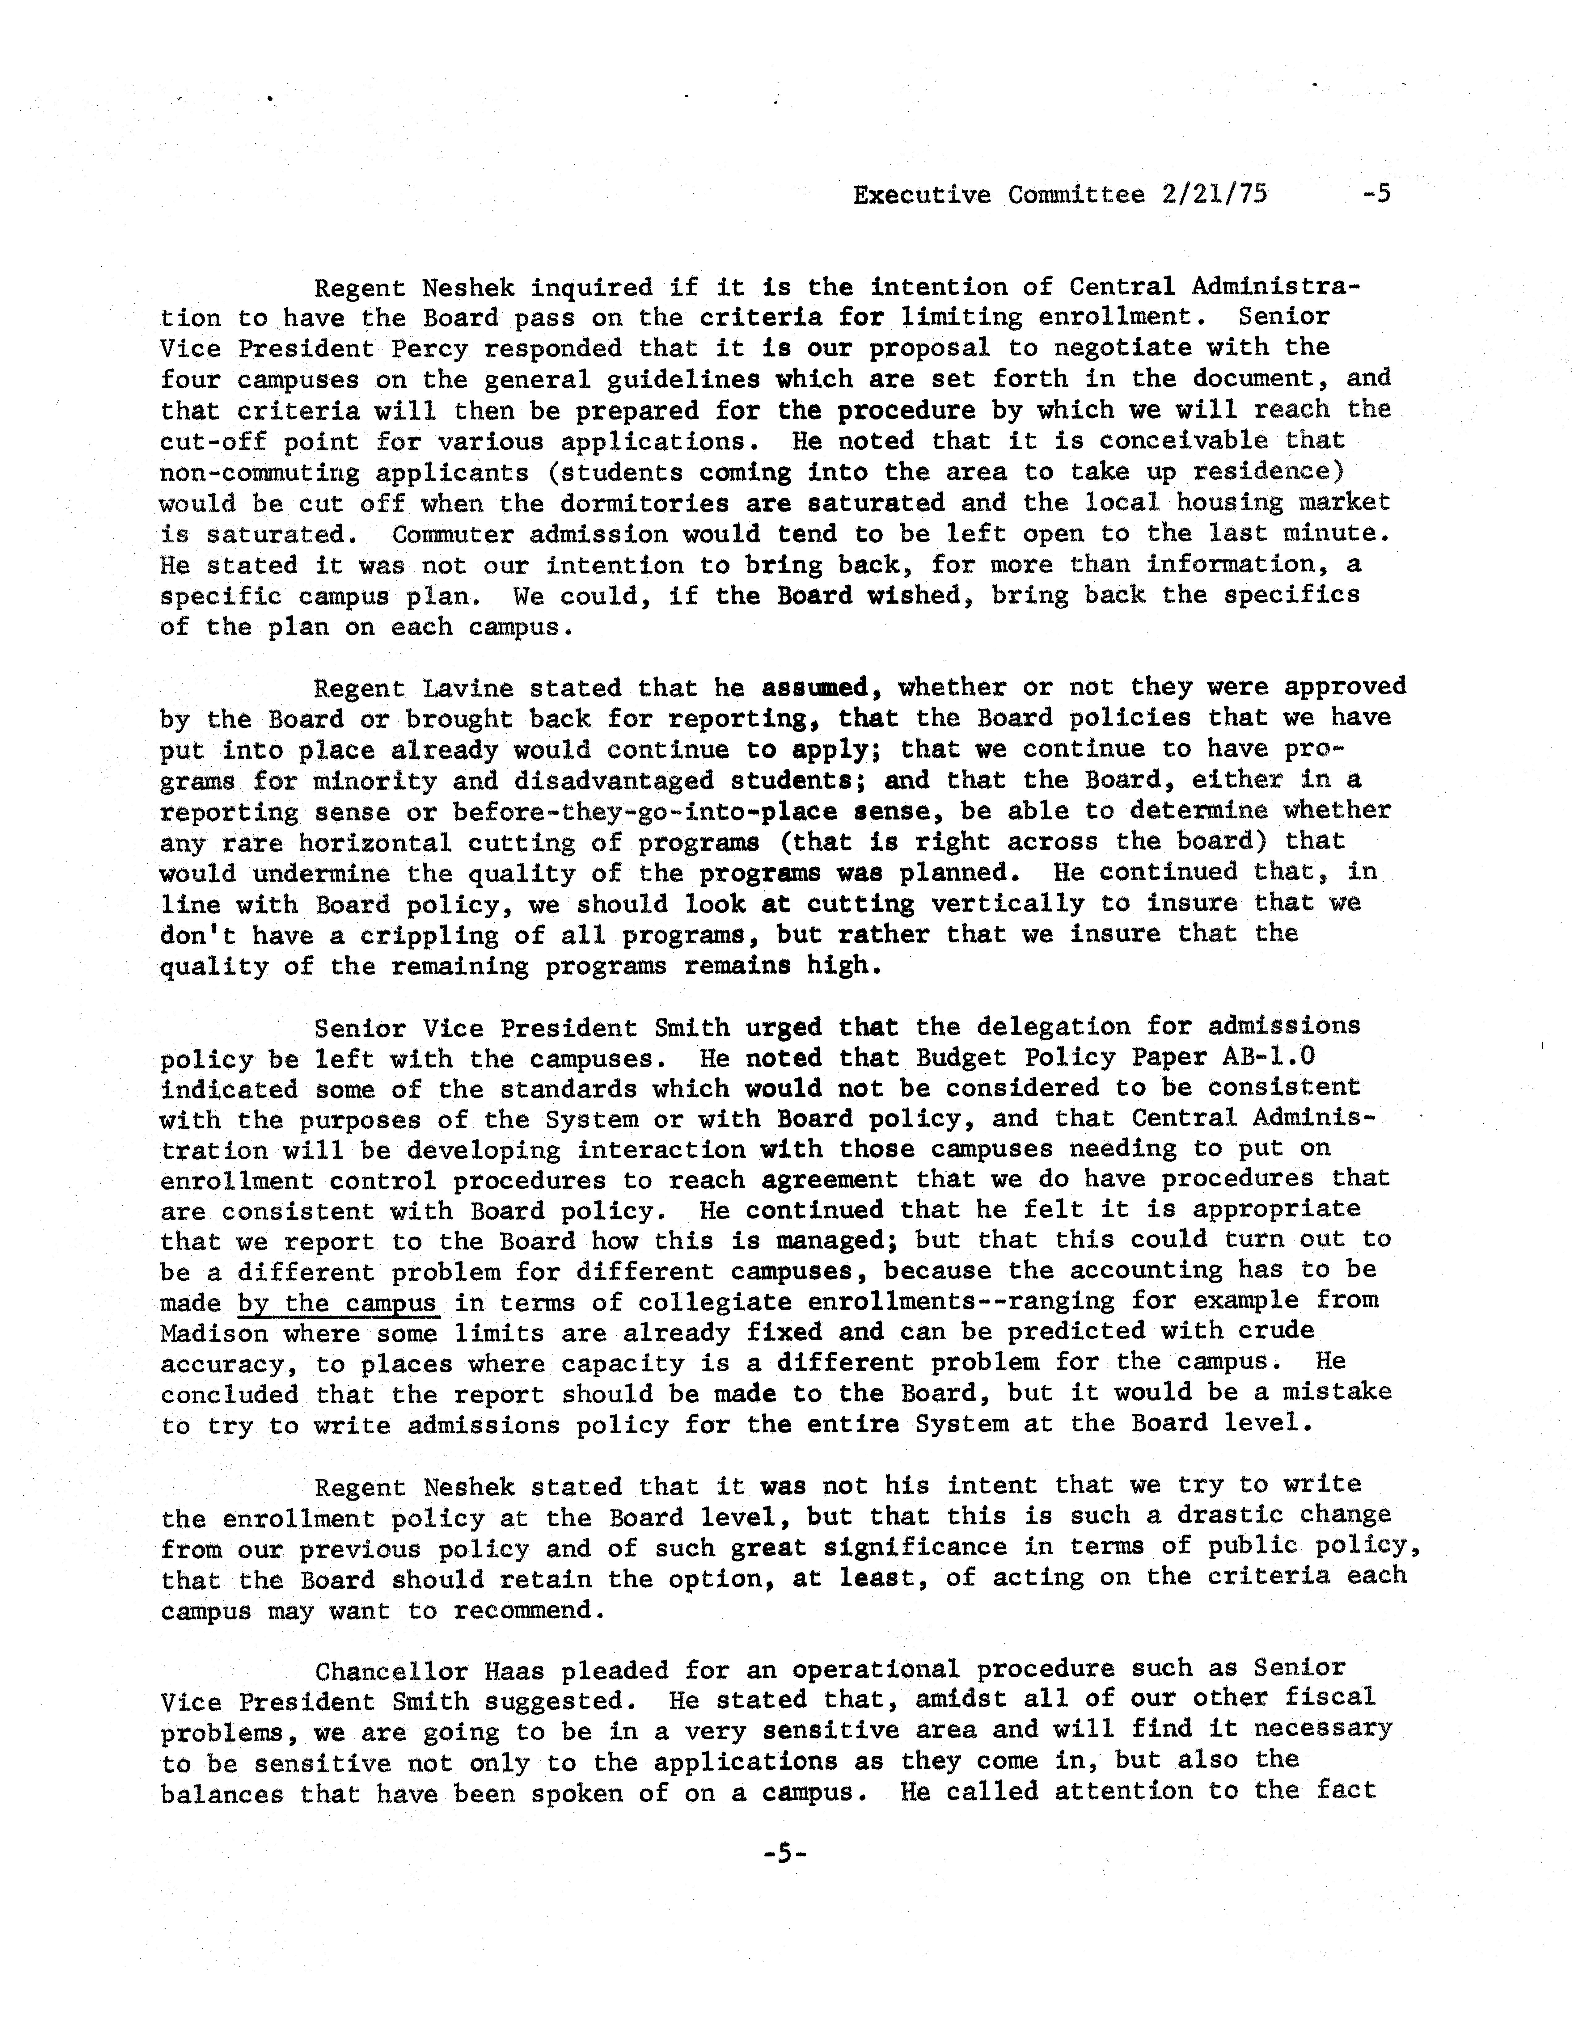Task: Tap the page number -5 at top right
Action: [x=1377, y=195]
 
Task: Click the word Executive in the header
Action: [x=922, y=195]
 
